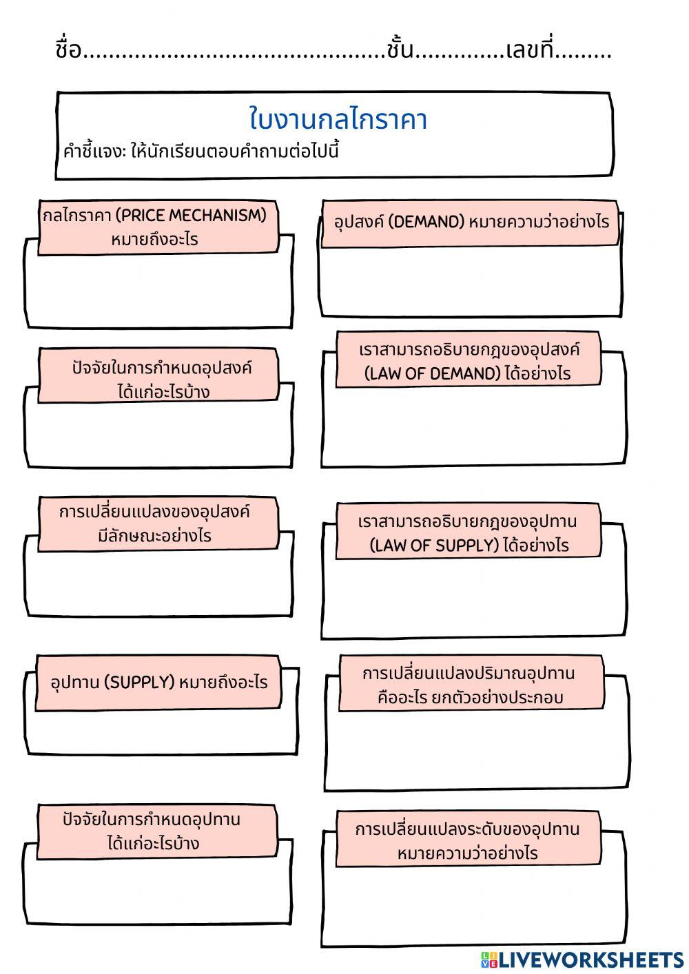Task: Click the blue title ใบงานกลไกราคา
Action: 338,118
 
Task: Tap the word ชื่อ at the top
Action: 68,48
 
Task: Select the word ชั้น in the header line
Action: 400,48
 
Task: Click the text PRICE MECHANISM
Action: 191,215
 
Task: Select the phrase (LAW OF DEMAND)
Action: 433,373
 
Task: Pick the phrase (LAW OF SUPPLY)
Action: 433,546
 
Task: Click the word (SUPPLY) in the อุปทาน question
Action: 138,682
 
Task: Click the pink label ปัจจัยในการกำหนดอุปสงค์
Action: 158,375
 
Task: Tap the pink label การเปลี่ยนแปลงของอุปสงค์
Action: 158,524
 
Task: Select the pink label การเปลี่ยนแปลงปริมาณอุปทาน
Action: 471,683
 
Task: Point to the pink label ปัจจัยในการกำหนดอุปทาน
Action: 157,832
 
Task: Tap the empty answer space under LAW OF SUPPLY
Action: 474,595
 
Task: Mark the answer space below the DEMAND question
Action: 471,280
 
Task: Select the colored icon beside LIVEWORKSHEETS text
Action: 489,960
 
